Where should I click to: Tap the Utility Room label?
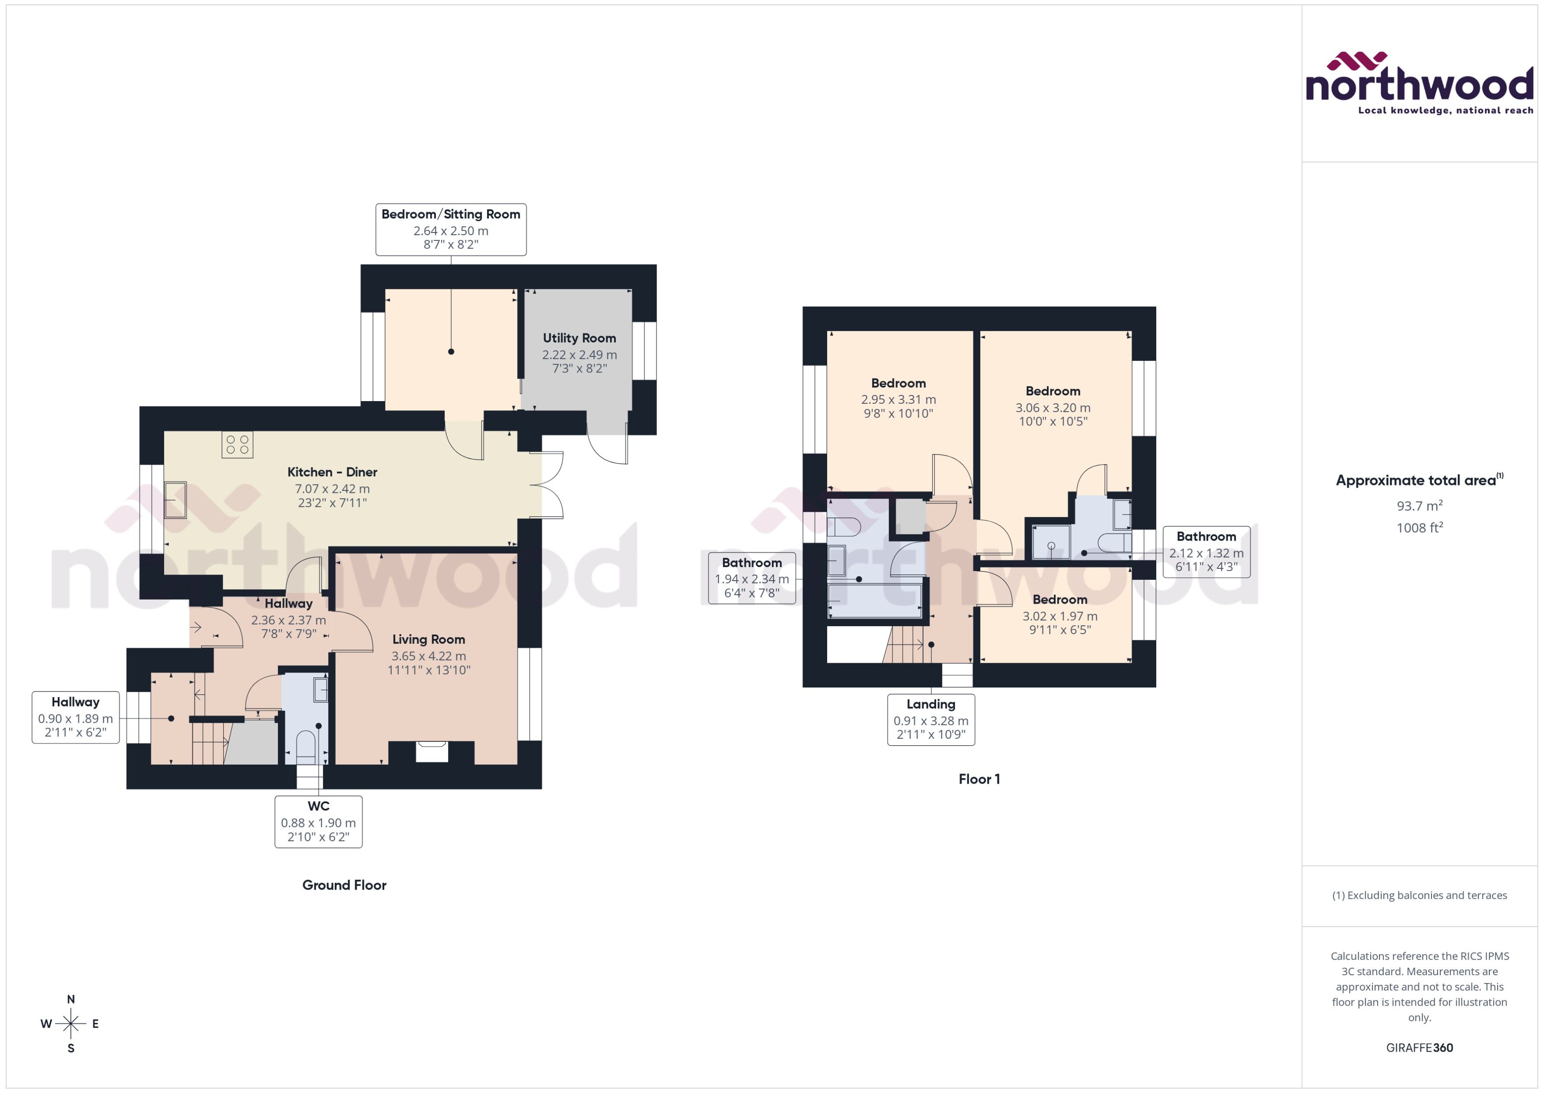click(x=579, y=338)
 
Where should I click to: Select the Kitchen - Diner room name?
click(x=332, y=472)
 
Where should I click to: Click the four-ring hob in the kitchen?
click(x=237, y=445)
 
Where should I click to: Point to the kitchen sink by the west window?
click(x=176, y=500)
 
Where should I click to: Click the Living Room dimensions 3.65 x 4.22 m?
click(x=428, y=656)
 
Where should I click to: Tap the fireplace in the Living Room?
click(x=431, y=751)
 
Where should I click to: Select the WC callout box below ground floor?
click(x=318, y=821)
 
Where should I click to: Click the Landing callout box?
click(x=930, y=719)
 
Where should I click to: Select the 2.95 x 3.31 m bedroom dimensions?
click(x=898, y=399)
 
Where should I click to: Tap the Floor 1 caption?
click(x=979, y=779)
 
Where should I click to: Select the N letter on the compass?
click(x=71, y=999)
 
